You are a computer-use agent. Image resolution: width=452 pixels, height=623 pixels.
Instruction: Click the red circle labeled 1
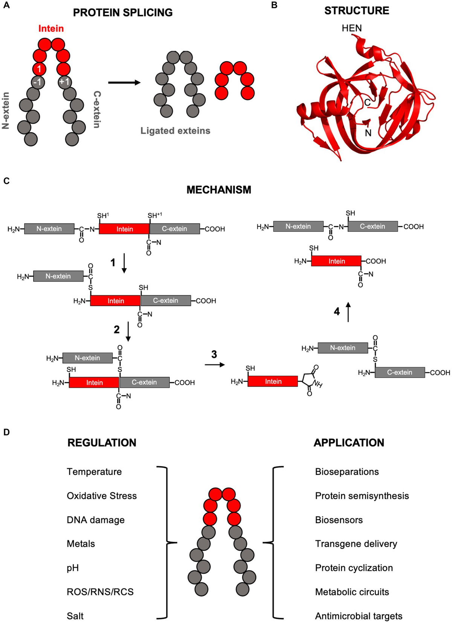click(x=39, y=69)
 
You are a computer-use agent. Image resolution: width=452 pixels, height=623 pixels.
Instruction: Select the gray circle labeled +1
click(x=64, y=82)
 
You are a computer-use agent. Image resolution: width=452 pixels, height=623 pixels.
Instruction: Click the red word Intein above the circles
click(x=51, y=29)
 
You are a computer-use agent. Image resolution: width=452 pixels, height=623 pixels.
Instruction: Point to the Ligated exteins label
click(x=175, y=131)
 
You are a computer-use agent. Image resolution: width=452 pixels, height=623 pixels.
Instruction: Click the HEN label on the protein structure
click(x=351, y=28)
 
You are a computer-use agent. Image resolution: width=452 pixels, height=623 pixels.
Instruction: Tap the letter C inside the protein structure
click(x=367, y=102)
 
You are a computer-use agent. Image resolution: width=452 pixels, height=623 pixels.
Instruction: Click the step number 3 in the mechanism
click(x=214, y=354)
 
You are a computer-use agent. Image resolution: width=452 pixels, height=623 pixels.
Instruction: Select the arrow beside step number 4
click(x=348, y=312)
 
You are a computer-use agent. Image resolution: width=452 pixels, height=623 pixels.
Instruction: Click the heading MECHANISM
click(x=218, y=190)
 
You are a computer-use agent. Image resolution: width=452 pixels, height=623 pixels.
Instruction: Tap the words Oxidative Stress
click(x=102, y=496)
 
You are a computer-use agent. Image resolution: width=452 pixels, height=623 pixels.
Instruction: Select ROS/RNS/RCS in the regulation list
click(x=100, y=592)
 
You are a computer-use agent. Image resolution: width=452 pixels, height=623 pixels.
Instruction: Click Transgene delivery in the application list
click(x=356, y=544)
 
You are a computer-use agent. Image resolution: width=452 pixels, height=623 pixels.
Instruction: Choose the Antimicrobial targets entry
click(x=359, y=616)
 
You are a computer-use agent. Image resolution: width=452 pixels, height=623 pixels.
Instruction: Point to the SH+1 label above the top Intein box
click(x=154, y=216)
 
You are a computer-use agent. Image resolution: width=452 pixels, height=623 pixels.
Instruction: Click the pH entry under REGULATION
click(x=73, y=568)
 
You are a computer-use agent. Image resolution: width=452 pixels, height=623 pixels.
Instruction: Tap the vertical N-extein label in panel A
click(x=6, y=111)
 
